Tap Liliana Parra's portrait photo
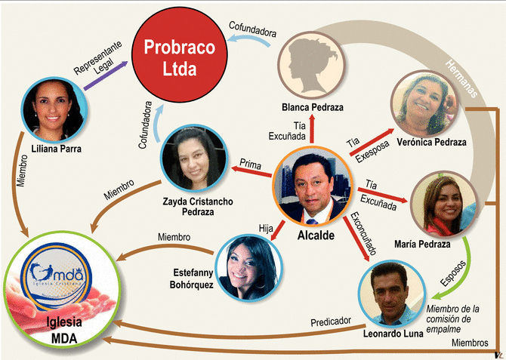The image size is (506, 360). (x=52, y=104)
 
